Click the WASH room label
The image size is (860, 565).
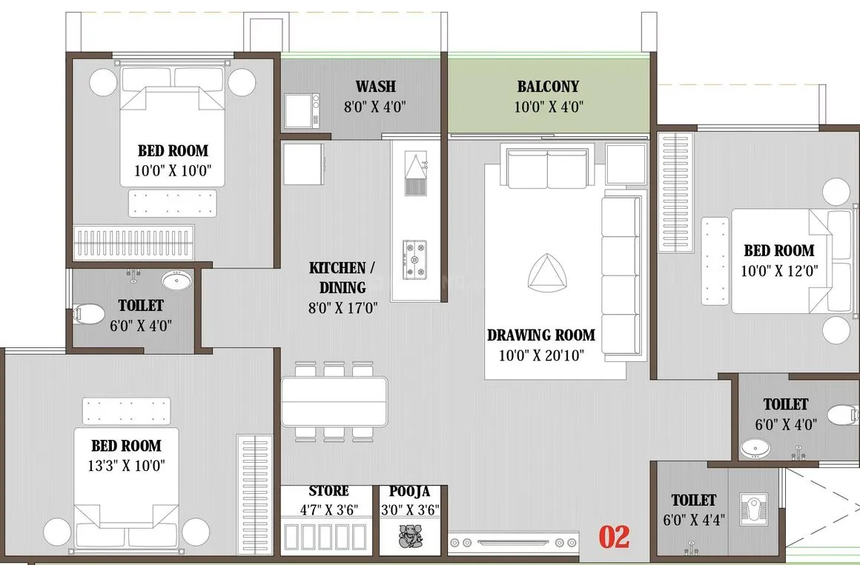(376, 86)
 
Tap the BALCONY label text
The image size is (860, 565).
(548, 86)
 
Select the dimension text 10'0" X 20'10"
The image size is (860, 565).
(541, 355)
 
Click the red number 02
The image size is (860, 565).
(614, 537)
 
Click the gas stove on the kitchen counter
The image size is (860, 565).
(414, 259)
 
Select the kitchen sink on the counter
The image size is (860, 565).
(416, 173)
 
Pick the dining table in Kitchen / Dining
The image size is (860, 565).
(334, 401)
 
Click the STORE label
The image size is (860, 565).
(328, 490)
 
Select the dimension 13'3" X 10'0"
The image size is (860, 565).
(126, 466)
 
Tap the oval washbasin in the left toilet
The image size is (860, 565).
(177, 280)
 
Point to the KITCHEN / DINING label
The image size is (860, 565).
(343, 278)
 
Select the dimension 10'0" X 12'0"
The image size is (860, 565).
(779, 271)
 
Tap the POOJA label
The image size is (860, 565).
(410, 491)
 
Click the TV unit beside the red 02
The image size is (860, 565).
(513, 543)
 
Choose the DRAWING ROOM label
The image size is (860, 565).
(541, 335)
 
